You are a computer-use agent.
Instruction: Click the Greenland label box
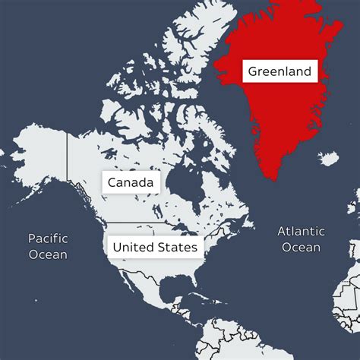[x=279, y=72]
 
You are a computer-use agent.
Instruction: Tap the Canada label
[x=131, y=183]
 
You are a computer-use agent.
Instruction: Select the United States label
[x=155, y=248]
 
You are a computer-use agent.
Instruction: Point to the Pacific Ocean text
[x=48, y=246]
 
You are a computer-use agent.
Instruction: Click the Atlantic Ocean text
[x=301, y=239]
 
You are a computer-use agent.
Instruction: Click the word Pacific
[x=48, y=238]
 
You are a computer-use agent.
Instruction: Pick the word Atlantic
[x=301, y=231]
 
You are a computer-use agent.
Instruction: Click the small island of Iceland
[x=329, y=159]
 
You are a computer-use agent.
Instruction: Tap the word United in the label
[x=133, y=248]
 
